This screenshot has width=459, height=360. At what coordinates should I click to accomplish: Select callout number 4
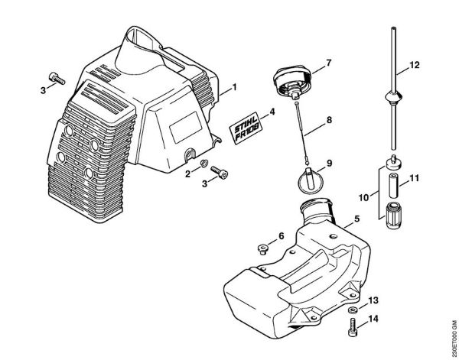pyautogui.click(x=272, y=113)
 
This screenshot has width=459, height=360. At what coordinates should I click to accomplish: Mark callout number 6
pyautogui.click(x=281, y=235)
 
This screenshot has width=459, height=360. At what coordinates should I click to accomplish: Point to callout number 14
pyautogui.click(x=373, y=318)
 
